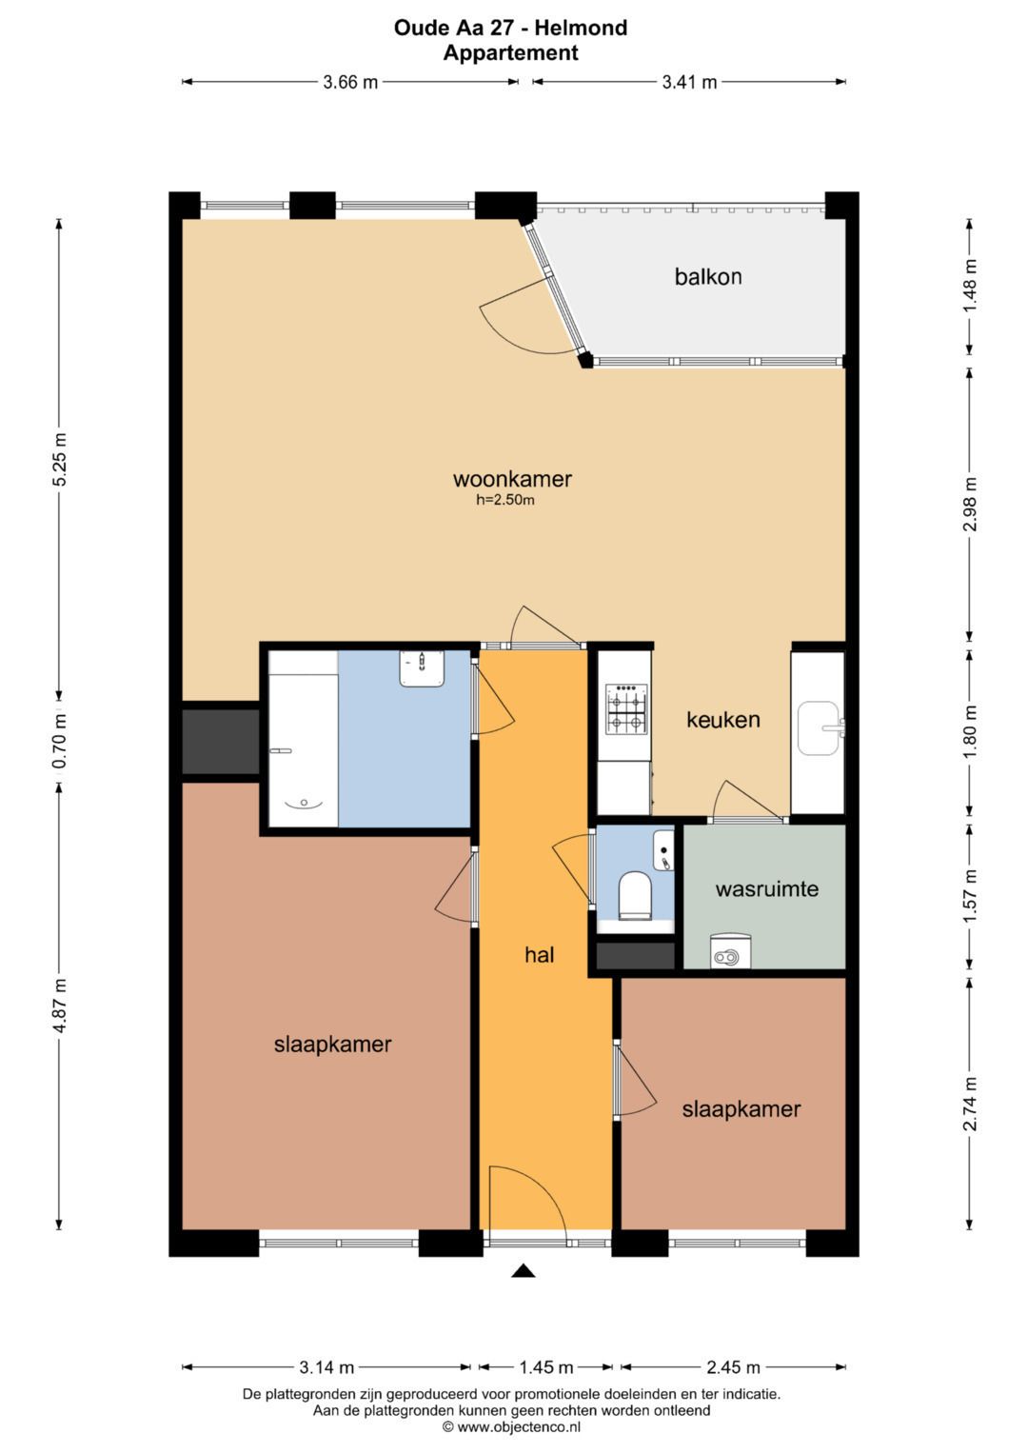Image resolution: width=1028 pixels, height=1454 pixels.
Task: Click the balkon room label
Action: click(708, 277)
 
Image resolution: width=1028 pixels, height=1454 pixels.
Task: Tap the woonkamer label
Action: click(512, 479)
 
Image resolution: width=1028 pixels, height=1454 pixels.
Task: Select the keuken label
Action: click(723, 719)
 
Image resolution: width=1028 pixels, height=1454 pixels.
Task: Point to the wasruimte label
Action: click(767, 888)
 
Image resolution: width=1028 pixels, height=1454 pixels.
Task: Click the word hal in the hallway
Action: click(540, 954)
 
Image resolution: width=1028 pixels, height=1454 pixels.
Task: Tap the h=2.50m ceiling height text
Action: click(504, 501)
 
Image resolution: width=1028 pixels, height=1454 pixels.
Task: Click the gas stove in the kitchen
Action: click(626, 709)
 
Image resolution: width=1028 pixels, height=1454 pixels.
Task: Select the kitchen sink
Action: click(819, 727)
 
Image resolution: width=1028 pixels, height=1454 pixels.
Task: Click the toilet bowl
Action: click(634, 896)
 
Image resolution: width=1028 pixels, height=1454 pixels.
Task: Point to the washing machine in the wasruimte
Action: click(730, 951)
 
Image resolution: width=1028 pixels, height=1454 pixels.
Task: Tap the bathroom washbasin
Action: click(421, 667)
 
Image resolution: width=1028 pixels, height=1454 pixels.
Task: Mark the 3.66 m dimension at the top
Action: click(350, 83)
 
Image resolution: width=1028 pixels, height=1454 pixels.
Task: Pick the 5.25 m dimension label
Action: click(60, 458)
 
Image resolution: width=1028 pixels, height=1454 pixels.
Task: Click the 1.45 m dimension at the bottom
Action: click(545, 1367)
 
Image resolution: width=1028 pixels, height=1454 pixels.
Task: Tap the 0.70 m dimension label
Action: click(60, 741)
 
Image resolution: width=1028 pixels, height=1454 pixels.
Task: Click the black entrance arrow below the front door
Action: click(524, 1271)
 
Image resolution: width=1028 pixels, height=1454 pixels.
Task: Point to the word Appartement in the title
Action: click(511, 52)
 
